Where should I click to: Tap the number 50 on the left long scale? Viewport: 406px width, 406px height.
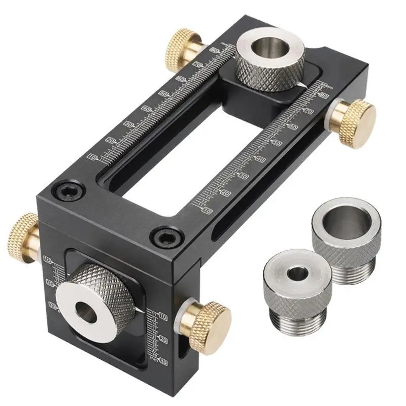point(163,94)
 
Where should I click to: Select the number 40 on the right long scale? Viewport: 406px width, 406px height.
point(261,159)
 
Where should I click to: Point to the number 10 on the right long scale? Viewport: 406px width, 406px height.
point(207,210)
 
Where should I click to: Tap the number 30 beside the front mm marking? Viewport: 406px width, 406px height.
point(163,361)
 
